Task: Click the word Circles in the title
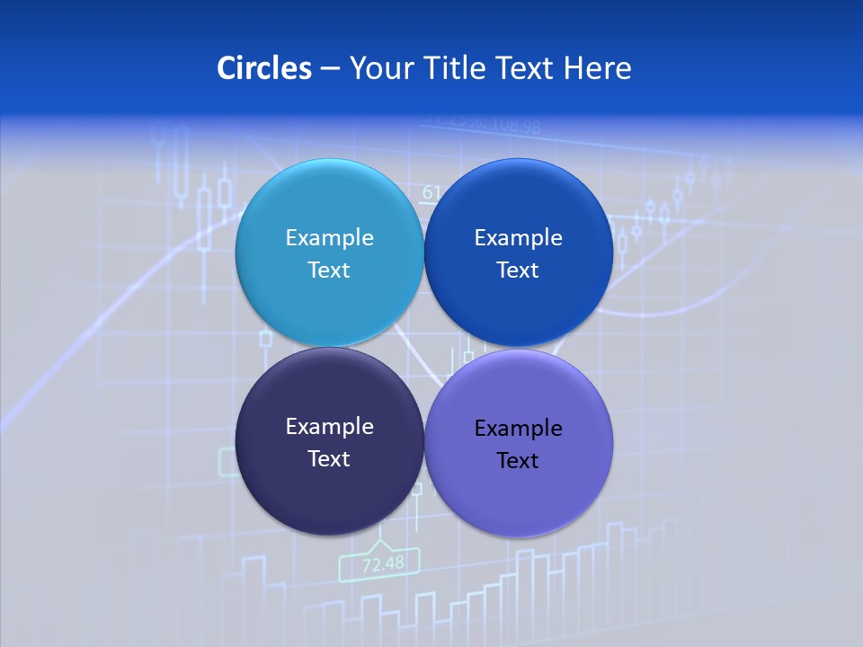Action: [264, 68]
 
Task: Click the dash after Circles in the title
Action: [330, 69]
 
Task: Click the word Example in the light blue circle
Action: [329, 237]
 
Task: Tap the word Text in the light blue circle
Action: [329, 270]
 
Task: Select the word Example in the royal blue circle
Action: [518, 237]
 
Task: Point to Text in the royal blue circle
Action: [518, 270]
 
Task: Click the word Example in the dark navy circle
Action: [329, 426]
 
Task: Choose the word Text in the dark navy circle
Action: [329, 458]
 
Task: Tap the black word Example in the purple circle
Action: [518, 428]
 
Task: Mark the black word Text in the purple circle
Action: [518, 460]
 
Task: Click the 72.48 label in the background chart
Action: [383, 564]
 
